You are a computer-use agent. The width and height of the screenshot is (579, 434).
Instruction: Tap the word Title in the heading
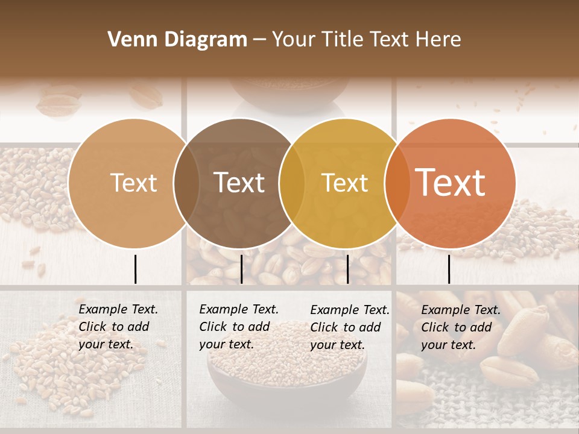coord(342,40)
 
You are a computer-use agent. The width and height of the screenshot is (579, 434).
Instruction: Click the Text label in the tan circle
coord(133,183)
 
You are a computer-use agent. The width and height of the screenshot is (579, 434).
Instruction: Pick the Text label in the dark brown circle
coord(239,183)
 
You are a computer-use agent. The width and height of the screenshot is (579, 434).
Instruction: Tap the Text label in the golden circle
coord(344,183)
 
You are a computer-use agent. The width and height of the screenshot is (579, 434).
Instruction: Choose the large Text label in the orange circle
coord(451,183)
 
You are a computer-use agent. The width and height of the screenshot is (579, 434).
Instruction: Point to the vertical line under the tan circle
coord(135,269)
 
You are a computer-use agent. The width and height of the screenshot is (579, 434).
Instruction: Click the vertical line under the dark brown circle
coord(241,269)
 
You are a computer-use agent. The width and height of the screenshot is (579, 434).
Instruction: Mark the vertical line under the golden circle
coord(347,269)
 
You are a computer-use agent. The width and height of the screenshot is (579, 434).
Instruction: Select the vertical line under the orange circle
coord(449,269)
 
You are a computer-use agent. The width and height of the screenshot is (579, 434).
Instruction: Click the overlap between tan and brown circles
coord(186,183)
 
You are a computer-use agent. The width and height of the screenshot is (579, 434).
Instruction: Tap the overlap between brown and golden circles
coord(292,183)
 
